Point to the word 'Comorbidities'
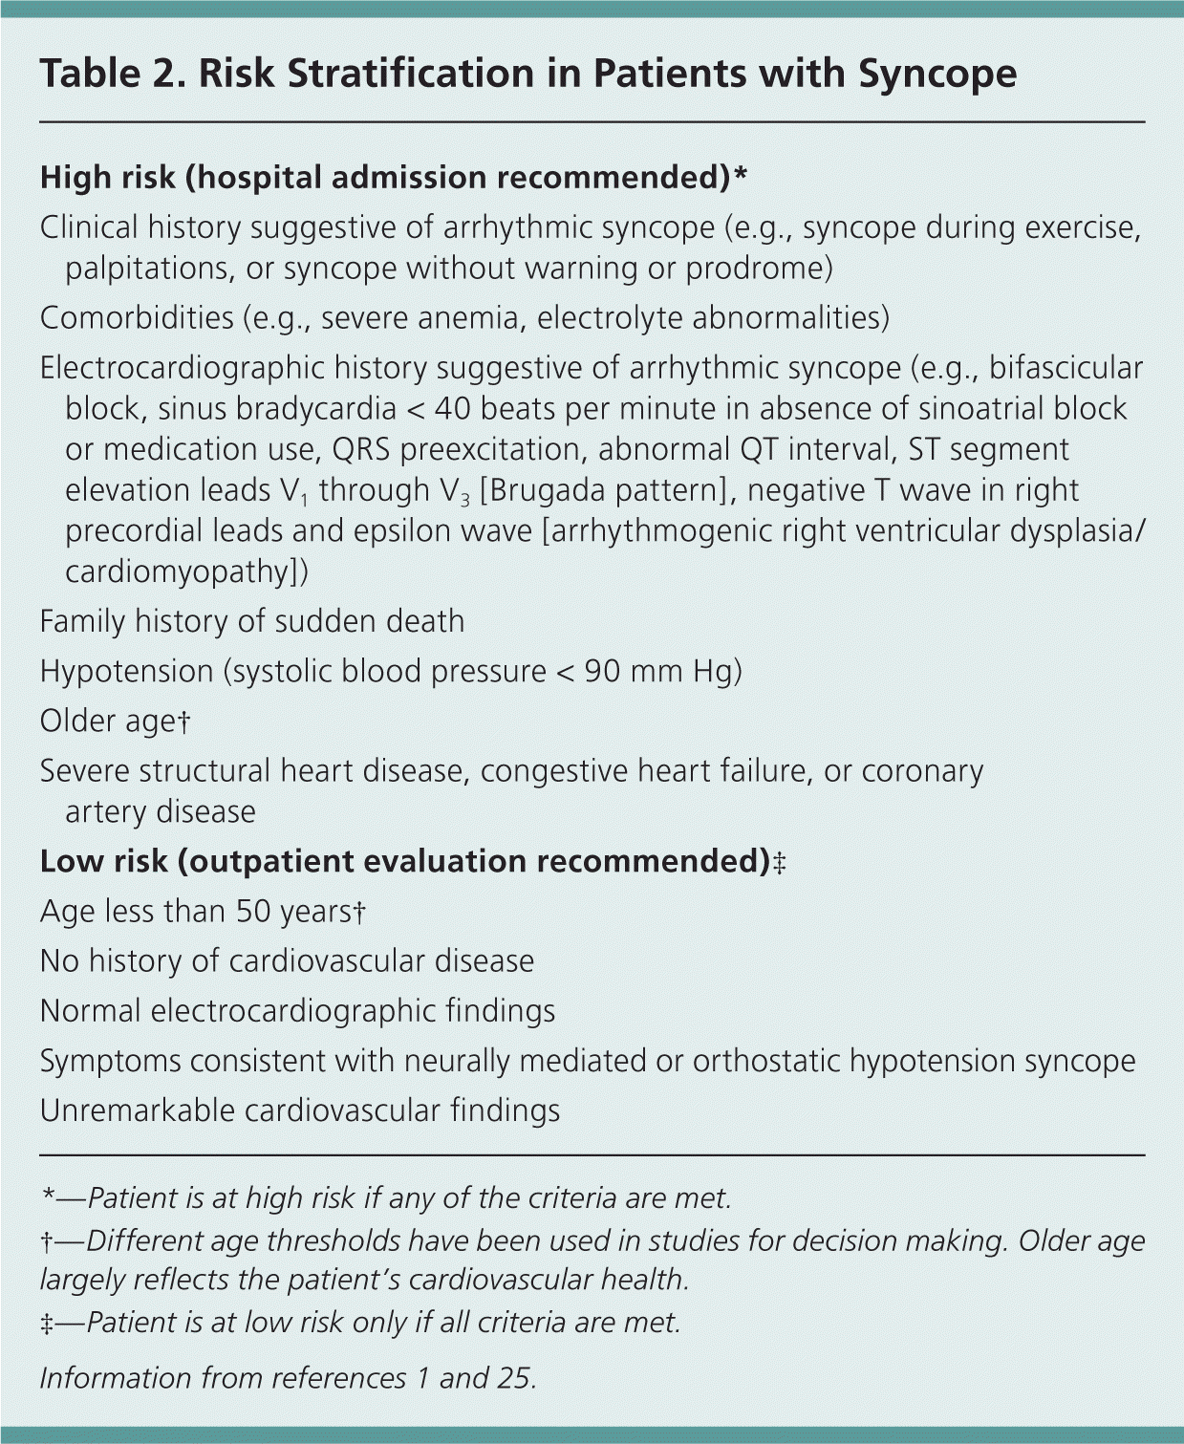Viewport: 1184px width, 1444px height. (137, 318)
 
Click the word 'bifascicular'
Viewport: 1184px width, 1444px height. (1066, 369)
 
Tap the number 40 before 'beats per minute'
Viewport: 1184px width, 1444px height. (453, 409)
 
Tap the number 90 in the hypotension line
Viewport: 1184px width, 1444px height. (602, 671)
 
